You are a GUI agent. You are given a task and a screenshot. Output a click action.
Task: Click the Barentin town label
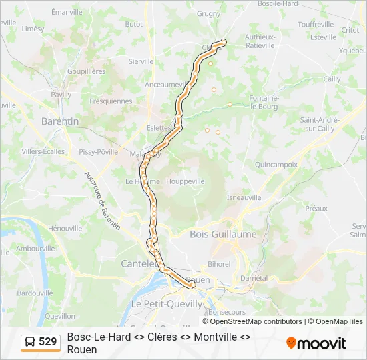click(x=60, y=121)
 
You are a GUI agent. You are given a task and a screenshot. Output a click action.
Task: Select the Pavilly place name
click(x=61, y=95)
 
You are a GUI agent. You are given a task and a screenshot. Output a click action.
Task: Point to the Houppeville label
click(x=186, y=181)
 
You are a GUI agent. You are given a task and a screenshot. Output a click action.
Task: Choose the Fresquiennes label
click(x=111, y=101)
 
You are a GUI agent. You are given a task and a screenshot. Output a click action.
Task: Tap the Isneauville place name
click(x=244, y=197)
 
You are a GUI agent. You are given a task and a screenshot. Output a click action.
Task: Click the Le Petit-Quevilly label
click(x=167, y=304)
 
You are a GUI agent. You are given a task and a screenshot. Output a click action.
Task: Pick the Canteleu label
click(x=139, y=264)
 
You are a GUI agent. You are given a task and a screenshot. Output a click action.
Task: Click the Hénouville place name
click(x=65, y=228)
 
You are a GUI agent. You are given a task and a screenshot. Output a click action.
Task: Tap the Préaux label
click(x=316, y=209)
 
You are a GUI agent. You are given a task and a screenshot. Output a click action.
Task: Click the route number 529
click(x=47, y=342)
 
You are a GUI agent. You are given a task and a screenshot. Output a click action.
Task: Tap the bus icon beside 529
click(x=30, y=342)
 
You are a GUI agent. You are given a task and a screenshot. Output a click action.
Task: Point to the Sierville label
click(x=141, y=61)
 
